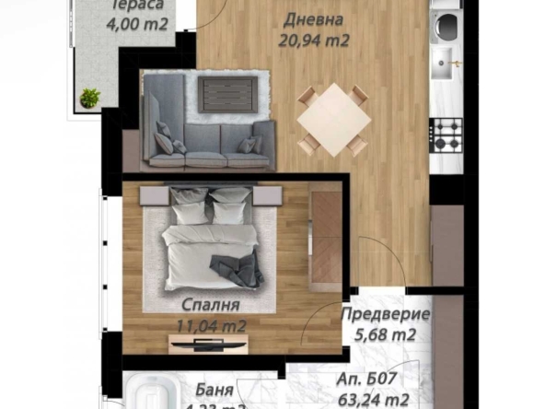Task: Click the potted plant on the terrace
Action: coord(89,97)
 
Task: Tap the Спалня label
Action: coord(210,306)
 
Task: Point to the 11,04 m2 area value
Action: coord(210,325)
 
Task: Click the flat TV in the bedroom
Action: coord(207,345)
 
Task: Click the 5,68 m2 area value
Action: coord(385,334)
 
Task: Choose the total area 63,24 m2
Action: coord(372,399)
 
